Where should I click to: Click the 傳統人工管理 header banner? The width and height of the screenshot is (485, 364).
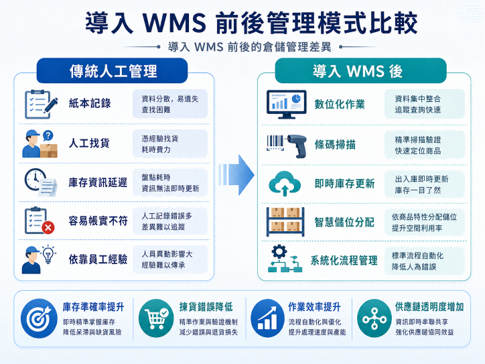[x=112, y=70]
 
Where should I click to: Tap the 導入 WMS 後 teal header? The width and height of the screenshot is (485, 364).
[x=360, y=70]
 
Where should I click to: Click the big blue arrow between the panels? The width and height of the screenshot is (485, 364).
[x=236, y=175]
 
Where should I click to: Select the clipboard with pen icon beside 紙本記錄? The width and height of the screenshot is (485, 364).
[x=41, y=105]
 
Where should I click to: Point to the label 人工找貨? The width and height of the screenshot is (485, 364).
[x=89, y=143]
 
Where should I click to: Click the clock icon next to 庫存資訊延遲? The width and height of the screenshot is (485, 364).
[x=35, y=179]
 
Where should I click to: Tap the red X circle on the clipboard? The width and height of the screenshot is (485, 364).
[x=48, y=228]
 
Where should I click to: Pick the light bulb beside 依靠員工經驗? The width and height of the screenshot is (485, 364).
[x=48, y=255]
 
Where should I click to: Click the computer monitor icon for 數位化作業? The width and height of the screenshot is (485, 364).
[x=287, y=105]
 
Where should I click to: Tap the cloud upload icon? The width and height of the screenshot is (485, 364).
[x=285, y=184]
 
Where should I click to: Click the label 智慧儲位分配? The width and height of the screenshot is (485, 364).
[x=344, y=222]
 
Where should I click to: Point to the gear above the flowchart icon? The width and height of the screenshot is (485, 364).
[x=279, y=252]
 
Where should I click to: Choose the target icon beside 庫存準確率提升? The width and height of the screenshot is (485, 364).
[x=39, y=318]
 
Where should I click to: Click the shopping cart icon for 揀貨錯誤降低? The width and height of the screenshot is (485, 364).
[x=156, y=318]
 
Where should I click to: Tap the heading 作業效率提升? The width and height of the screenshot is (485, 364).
[x=314, y=307]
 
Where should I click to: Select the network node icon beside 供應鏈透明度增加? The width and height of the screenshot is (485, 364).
[x=374, y=318]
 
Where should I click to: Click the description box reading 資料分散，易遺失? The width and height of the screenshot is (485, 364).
[x=170, y=104]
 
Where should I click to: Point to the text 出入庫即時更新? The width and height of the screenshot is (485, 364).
[x=421, y=179]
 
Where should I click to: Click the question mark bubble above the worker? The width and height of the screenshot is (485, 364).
[x=48, y=135]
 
